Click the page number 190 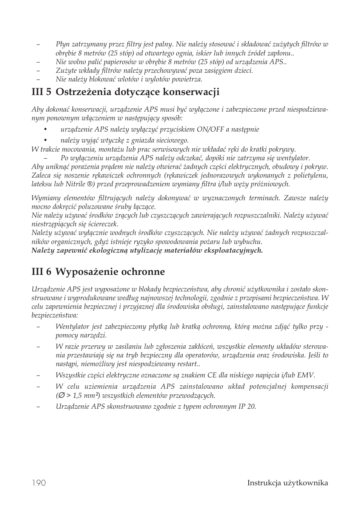point(39,483)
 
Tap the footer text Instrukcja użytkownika point(288,483)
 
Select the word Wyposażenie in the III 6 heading point(84,272)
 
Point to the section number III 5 point(42,92)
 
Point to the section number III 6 point(42,272)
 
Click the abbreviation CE point(212,375)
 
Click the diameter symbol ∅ point(60,396)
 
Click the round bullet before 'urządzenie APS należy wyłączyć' point(45,129)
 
